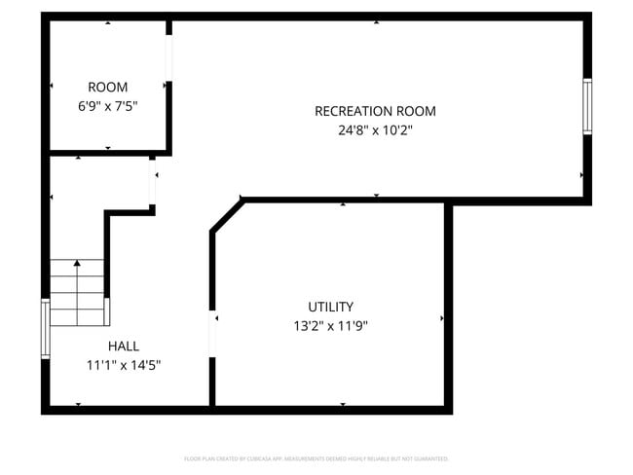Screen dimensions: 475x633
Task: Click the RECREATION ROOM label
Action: pos(375,111)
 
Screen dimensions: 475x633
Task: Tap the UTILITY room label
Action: pos(330,307)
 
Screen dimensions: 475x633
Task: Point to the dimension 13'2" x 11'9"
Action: pos(330,326)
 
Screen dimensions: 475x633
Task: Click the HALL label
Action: pos(123,346)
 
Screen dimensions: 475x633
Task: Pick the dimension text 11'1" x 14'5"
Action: pos(123,365)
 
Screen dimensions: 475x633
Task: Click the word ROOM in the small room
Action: pos(107,87)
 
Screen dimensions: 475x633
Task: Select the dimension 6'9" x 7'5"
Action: pos(107,106)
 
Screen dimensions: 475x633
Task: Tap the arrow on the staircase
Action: pos(77,265)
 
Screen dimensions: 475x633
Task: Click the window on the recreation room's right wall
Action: pos(587,106)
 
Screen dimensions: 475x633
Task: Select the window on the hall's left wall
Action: pos(45,329)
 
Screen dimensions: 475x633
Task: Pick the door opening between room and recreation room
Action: pos(168,58)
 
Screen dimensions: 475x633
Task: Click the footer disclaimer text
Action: pos(316,458)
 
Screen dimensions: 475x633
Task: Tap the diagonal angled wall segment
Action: pos(226,216)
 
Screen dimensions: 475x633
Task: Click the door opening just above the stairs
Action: pos(153,185)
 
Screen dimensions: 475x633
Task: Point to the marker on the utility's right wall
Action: pos(442,318)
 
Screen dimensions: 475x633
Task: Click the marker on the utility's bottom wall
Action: pos(342,404)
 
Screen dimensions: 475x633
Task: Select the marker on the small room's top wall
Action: pos(107,22)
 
